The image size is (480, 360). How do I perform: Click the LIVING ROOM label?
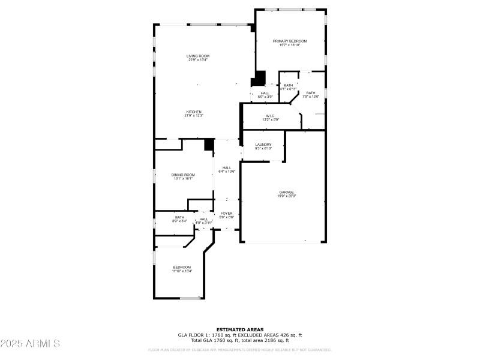coord(197,56)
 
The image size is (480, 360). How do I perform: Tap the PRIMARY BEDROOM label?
coord(290,41)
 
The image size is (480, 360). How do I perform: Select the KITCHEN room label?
coord(194,112)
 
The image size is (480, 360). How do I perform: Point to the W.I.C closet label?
coord(270,116)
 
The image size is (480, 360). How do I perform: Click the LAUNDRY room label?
coord(263,145)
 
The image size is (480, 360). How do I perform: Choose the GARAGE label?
coord(286,192)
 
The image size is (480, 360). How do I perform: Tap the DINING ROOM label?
coord(183,175)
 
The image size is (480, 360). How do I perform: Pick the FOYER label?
coord(226,213)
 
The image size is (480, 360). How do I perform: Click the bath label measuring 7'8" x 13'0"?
coord(310,93)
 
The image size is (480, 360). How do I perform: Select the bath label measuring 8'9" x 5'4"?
coord(180,217)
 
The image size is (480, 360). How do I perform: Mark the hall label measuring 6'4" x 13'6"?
coord(227,168)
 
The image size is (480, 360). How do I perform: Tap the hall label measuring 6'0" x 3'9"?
coord(265,93)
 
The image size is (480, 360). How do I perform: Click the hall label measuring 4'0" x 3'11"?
coord(204,219)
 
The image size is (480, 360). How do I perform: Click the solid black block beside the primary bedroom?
coord(260,78)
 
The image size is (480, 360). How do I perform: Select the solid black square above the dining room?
coord(209,145)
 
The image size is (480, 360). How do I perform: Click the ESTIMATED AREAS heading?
coord(240,329)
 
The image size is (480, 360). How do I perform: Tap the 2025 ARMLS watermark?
coord(30,343)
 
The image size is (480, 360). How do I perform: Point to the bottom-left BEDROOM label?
coord(182,267)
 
